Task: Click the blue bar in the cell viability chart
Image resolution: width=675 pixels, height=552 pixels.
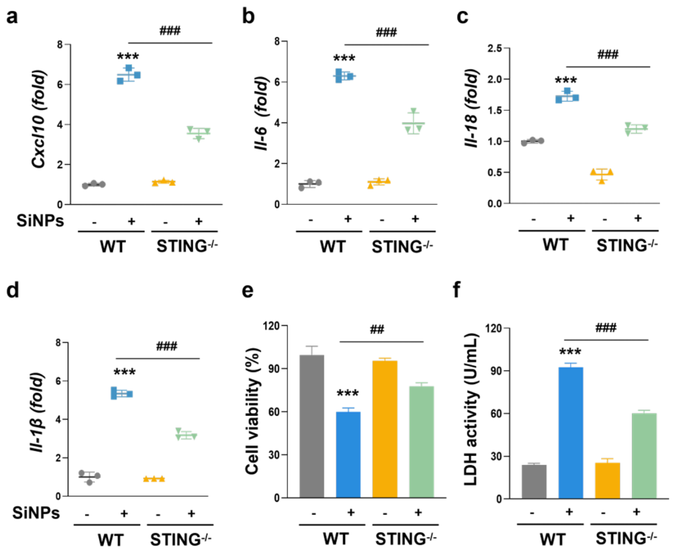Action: (348, 454)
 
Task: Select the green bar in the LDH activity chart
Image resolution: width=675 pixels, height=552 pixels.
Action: (644, 456)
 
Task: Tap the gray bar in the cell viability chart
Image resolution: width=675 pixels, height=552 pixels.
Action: (312, 426)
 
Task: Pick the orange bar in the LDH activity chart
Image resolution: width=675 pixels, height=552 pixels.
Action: (607, 480)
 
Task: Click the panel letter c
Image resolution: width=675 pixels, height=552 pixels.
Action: (462, 17)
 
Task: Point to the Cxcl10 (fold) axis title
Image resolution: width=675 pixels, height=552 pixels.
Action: (39, 119)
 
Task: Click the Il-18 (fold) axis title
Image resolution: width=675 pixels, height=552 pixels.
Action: (471, 108)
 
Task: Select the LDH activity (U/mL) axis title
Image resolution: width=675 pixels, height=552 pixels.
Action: (470, 409)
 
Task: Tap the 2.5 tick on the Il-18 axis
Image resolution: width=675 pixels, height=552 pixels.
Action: (495, 48)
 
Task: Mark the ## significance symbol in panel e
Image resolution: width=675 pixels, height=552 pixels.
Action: (377, 329)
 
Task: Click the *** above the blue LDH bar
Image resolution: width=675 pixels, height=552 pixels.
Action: (570, 352)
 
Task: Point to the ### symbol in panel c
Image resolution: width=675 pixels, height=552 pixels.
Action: (608, 55)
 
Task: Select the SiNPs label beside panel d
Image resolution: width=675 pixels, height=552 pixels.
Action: (36, 513)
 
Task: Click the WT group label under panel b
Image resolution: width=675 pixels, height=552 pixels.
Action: (333, 247)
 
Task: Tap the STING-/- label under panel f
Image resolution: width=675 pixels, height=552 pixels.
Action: (626, 539)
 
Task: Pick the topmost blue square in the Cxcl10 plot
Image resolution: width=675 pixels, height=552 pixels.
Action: (129, 68)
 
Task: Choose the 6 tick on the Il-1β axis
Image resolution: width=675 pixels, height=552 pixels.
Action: (58, 382)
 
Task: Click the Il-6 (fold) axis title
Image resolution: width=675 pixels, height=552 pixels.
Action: (261, 114)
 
